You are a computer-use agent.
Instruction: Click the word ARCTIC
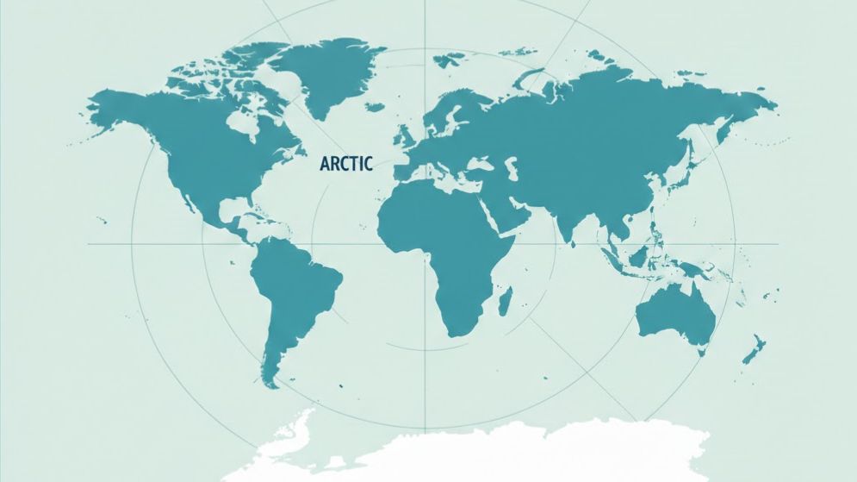pyautogui.click(x=345, y=163)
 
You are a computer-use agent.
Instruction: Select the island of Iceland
pyautogui.click(x=375, y=108)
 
